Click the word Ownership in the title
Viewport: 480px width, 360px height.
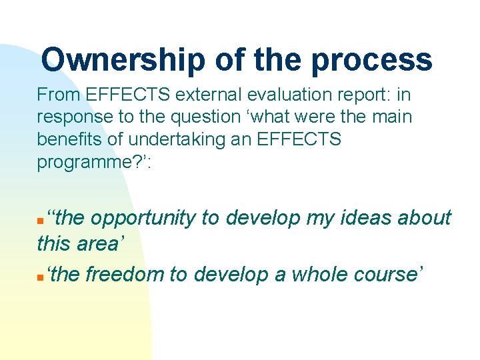123,60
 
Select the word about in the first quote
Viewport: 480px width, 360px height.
424,219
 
